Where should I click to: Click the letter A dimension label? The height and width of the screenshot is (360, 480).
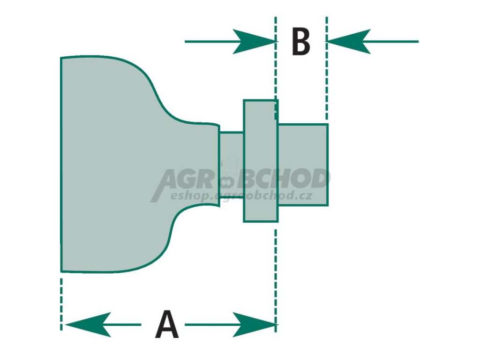tap(167, 324)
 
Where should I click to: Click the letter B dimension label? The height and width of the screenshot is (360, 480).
tap(300, 42)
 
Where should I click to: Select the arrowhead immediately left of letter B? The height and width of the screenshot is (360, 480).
tap(253, 42)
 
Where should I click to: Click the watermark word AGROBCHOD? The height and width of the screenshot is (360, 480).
tap(241, 180)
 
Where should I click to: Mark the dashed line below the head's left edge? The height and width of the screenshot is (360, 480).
tap(61, 302)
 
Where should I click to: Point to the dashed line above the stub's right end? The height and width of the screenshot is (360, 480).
tap(326, 70)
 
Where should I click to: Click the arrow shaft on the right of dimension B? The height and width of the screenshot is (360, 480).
tap(394, 42)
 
